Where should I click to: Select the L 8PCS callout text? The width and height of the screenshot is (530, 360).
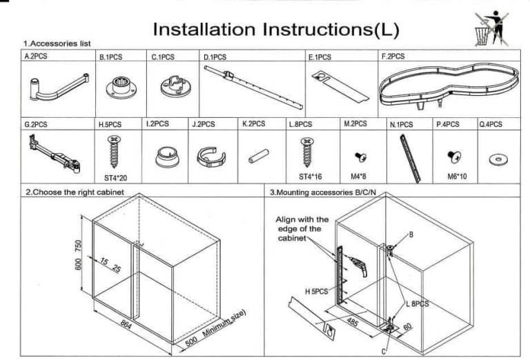pos(418,303)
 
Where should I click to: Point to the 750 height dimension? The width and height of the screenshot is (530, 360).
pos(78,246)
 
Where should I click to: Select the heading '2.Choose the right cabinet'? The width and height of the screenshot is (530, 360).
pos(75,192)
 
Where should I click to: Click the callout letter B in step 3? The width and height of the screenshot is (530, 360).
pos(411,234)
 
